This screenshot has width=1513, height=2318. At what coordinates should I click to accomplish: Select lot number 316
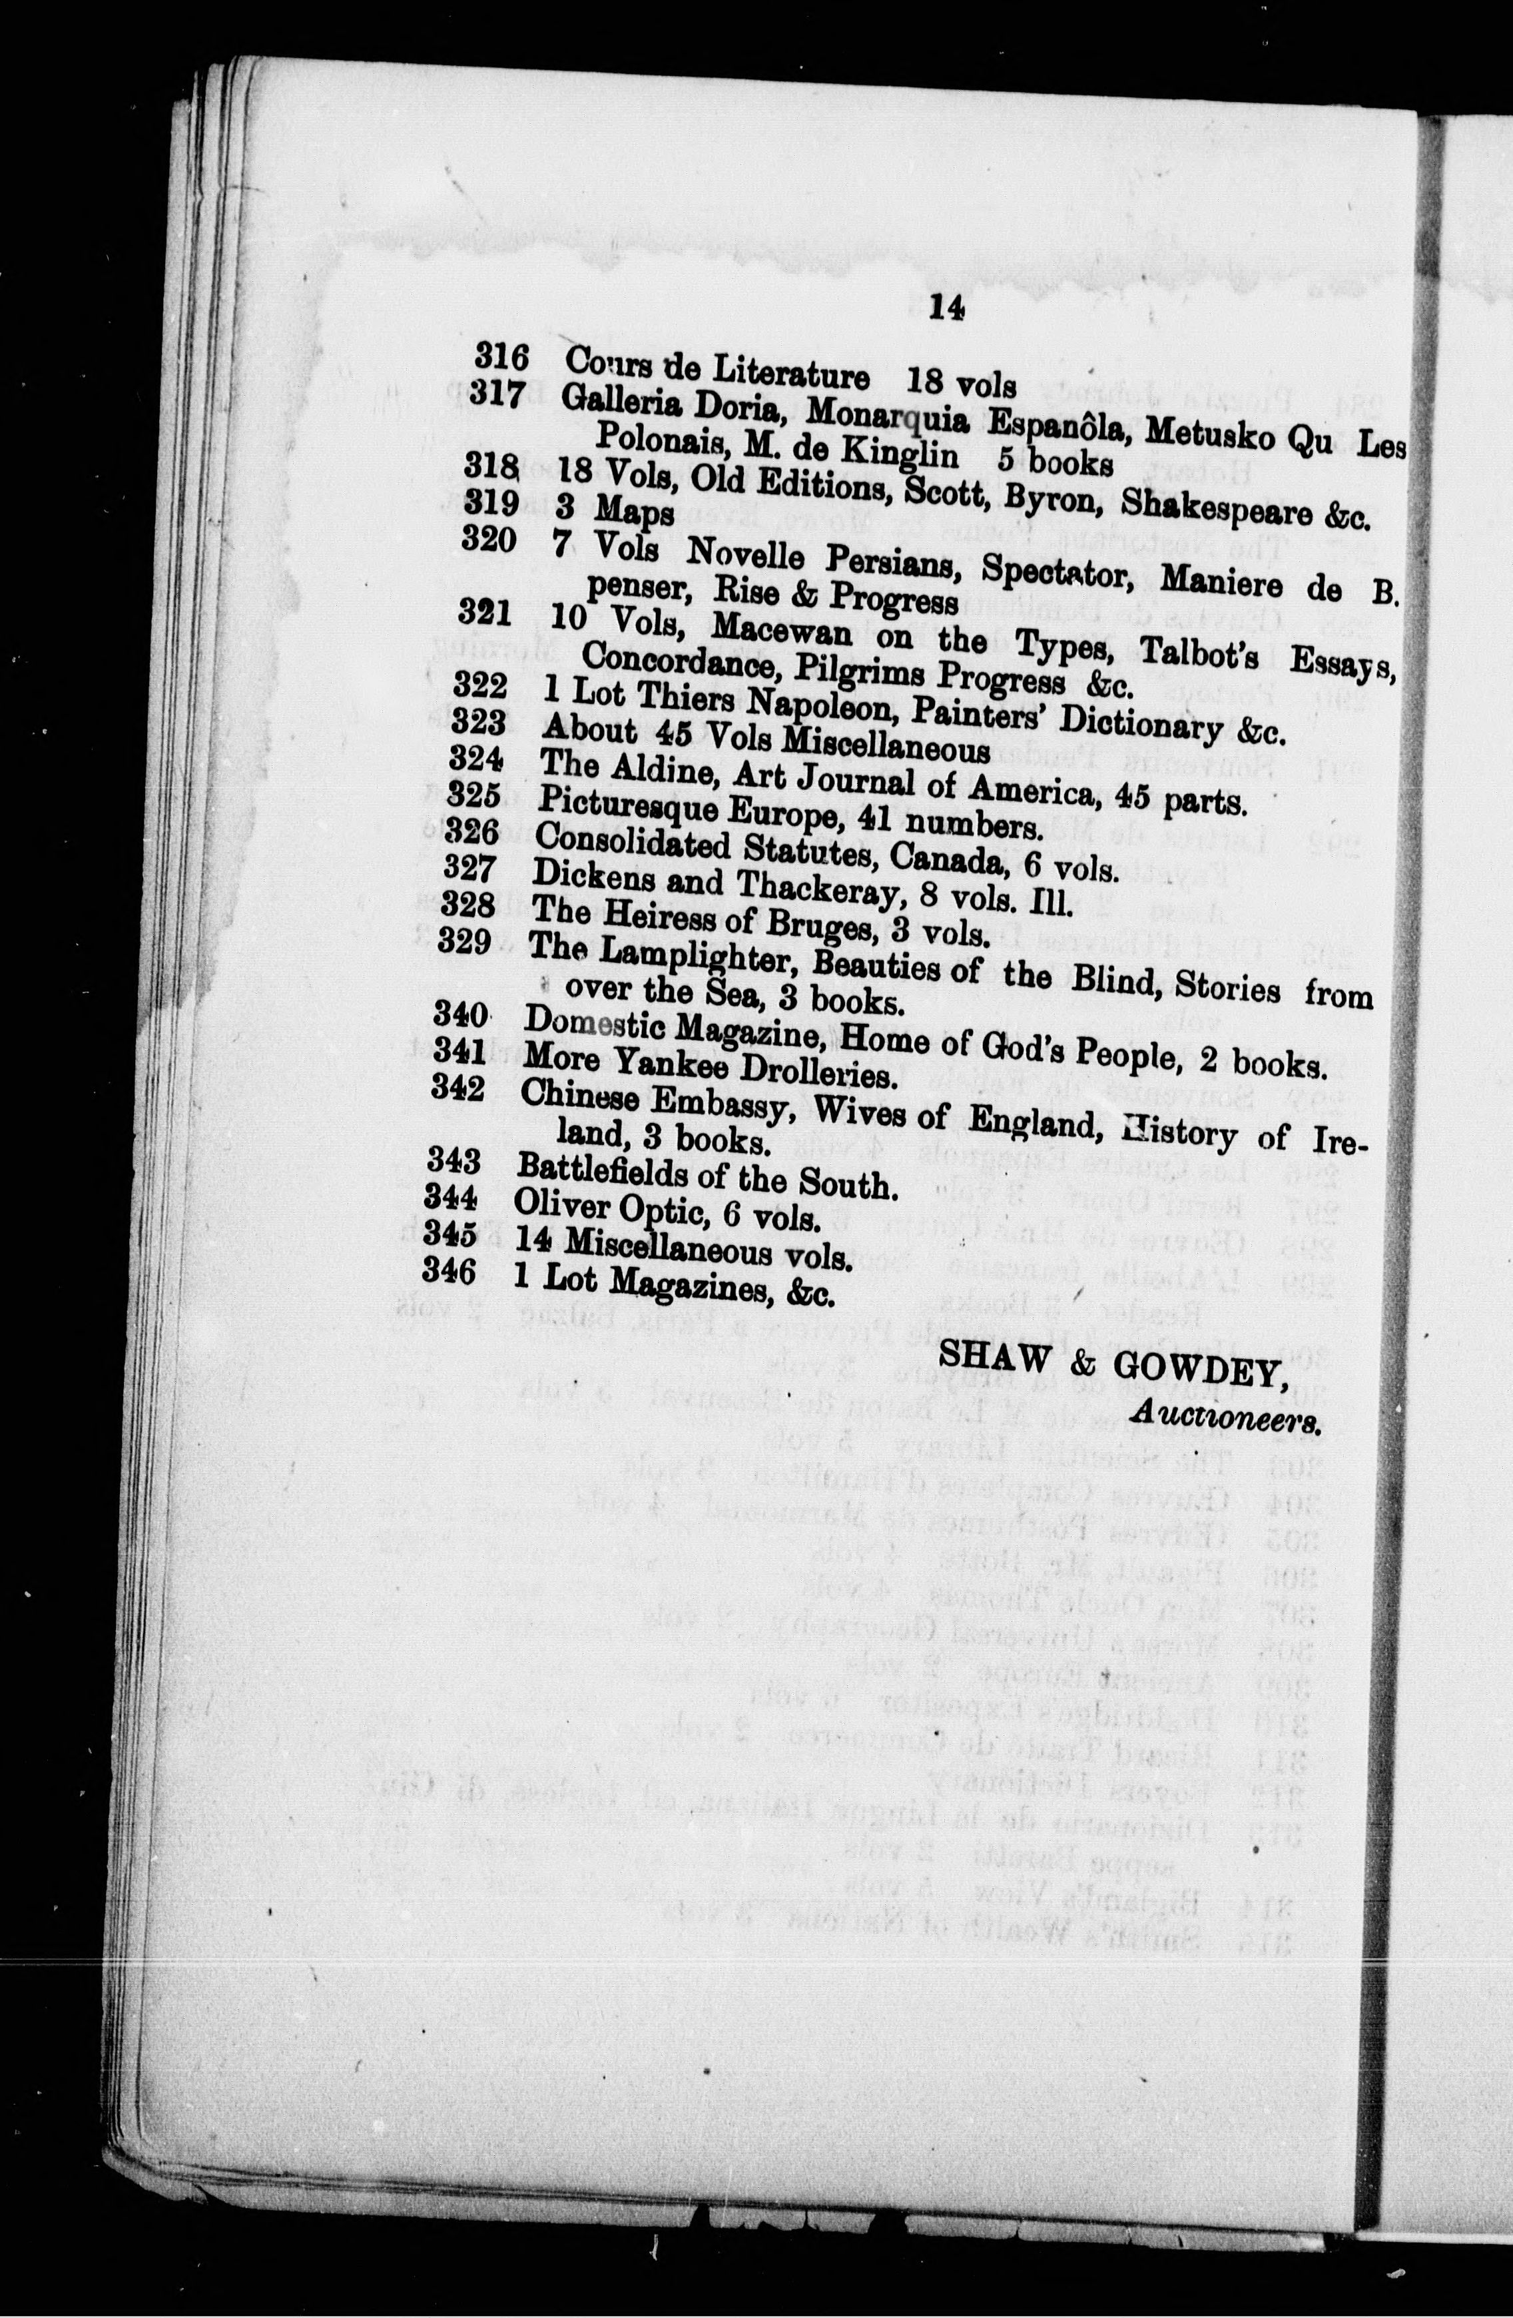coord(501,358)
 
